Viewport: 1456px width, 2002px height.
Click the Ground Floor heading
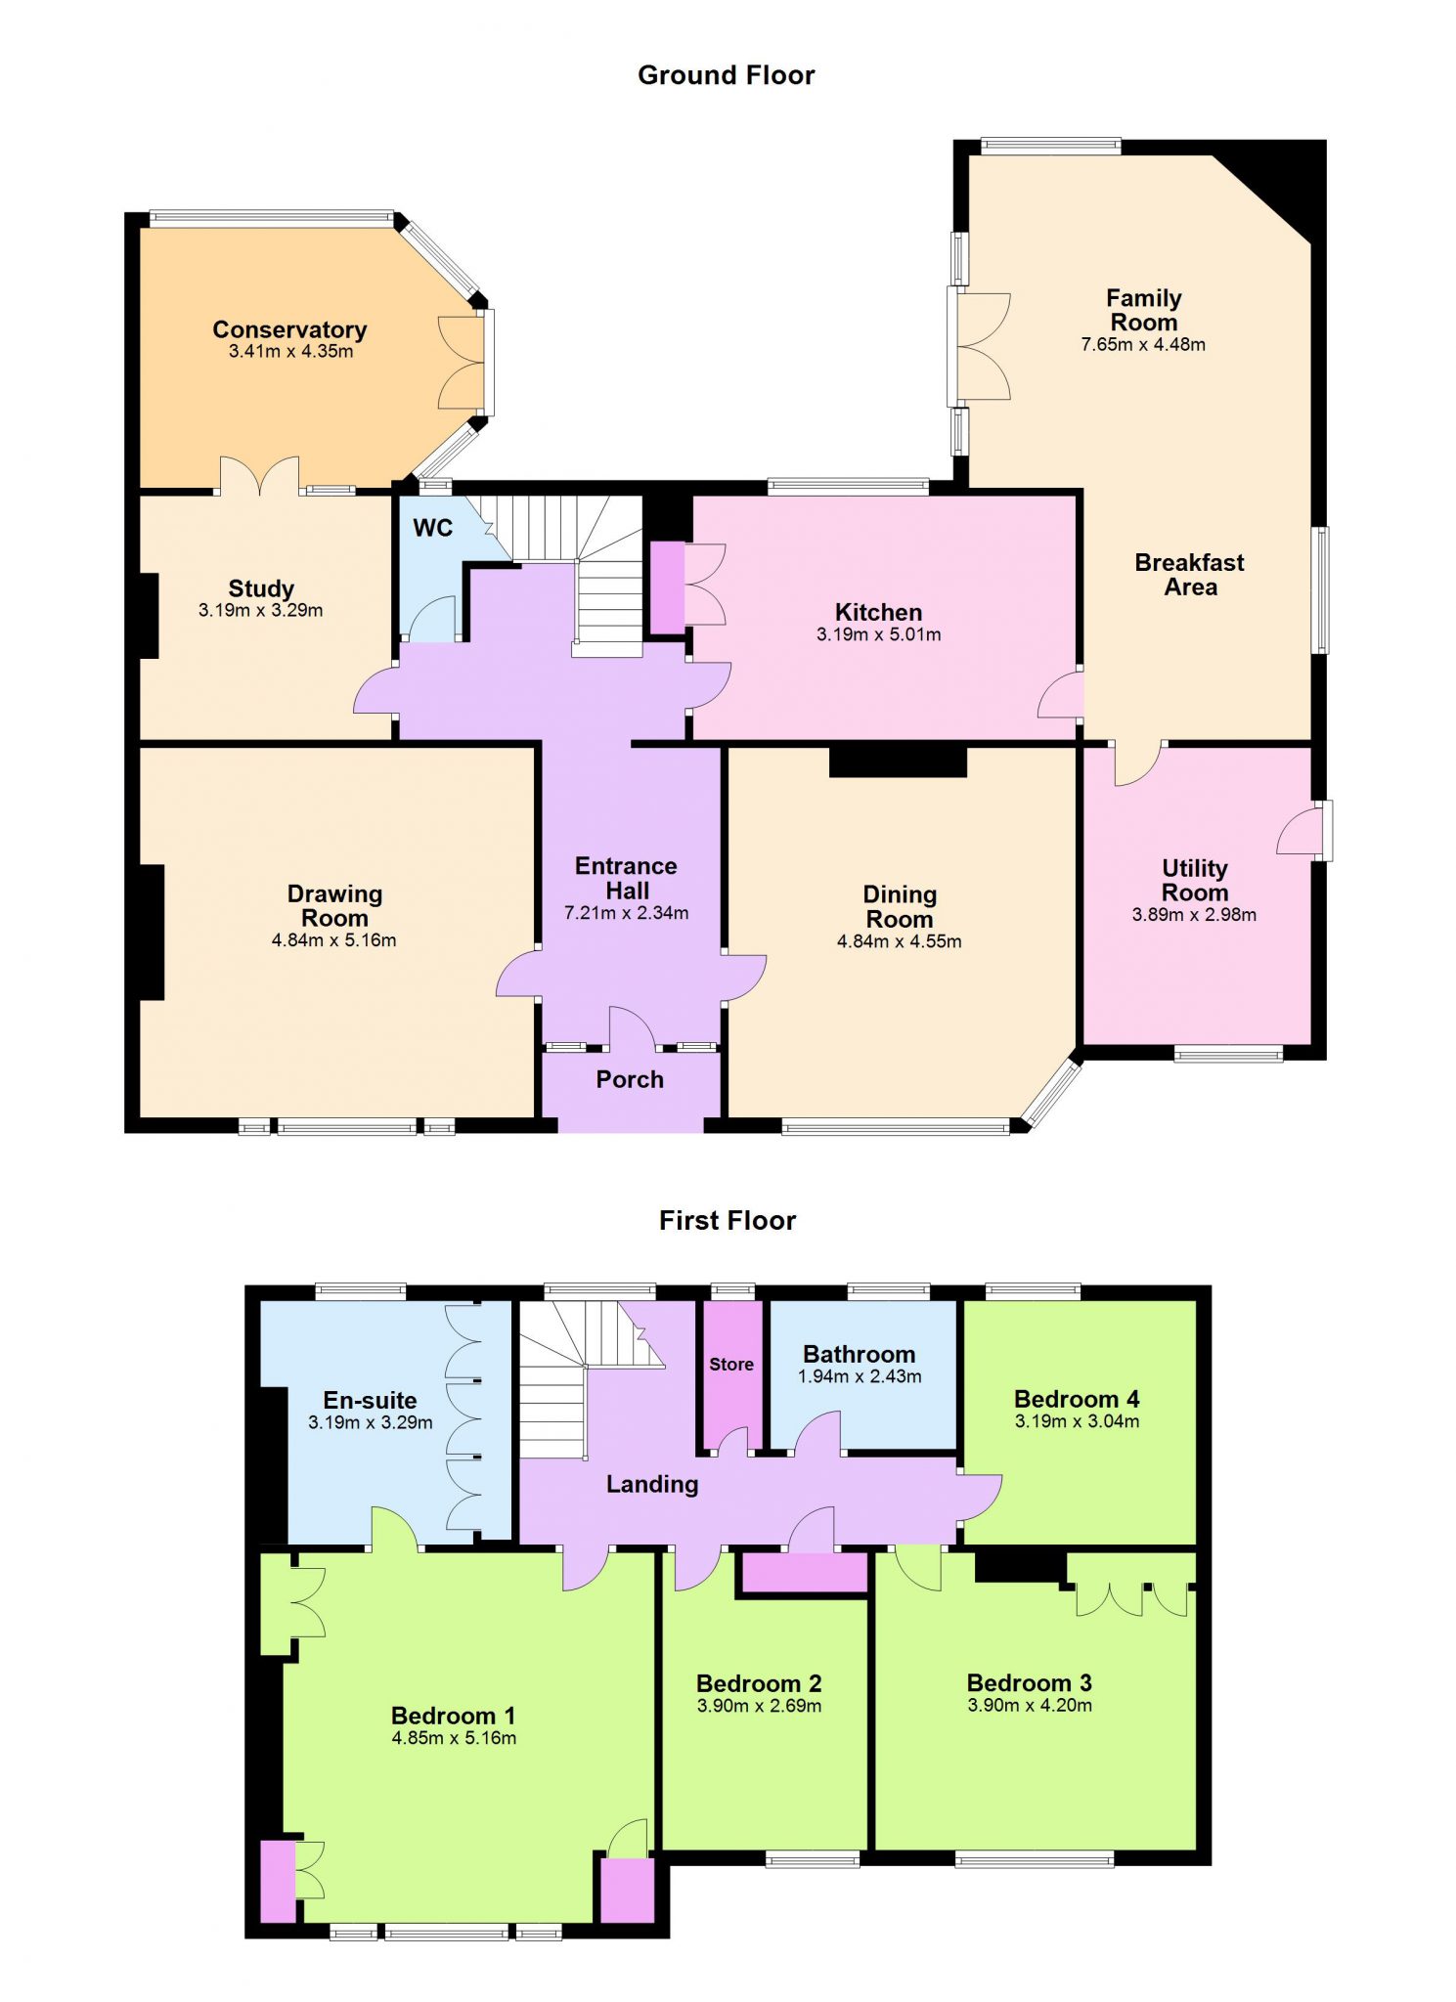click(726, 75)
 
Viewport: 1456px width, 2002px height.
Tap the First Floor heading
click(728, 1220)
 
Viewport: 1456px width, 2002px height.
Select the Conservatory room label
click(289, 329)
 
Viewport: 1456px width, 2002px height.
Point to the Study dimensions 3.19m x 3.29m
click(260, 610)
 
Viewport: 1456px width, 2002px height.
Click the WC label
click(432, 528)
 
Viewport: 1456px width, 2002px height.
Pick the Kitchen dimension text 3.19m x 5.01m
click(878, 634)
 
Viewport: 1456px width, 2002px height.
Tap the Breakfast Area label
click(1189, 575)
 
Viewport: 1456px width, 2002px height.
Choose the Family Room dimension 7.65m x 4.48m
click(1143, 344)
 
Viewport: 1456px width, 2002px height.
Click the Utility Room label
click(1194, 880)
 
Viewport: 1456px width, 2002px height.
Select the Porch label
click(630, 1079)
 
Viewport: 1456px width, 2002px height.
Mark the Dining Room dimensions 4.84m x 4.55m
click(899, 941)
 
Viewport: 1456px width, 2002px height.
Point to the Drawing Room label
click(334, 905)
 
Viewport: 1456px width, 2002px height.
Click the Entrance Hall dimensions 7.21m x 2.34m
click(626, 913)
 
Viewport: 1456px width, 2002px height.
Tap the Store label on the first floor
click(731, 1364)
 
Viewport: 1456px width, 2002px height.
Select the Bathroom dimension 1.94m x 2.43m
click(860, 1376)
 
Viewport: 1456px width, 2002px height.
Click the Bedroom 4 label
click(1077, 1399)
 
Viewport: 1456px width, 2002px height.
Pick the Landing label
click(652, 1484)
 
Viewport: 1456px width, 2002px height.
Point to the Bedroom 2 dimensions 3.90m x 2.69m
click(759, 1706)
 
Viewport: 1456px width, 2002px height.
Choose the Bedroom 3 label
click(1029, 1682)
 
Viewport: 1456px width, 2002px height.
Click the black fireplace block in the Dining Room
click(898, 762)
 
